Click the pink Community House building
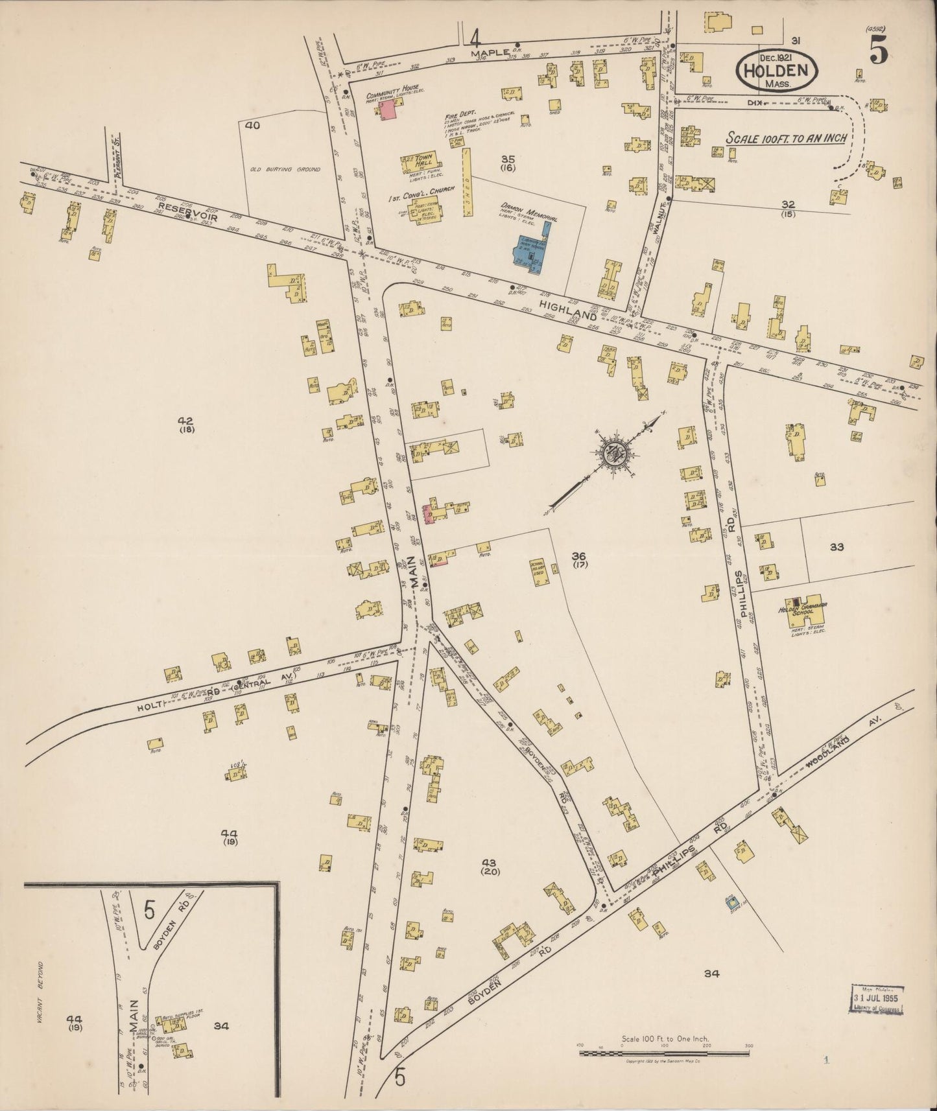click(388, 110)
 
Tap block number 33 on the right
click(836, 547)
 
